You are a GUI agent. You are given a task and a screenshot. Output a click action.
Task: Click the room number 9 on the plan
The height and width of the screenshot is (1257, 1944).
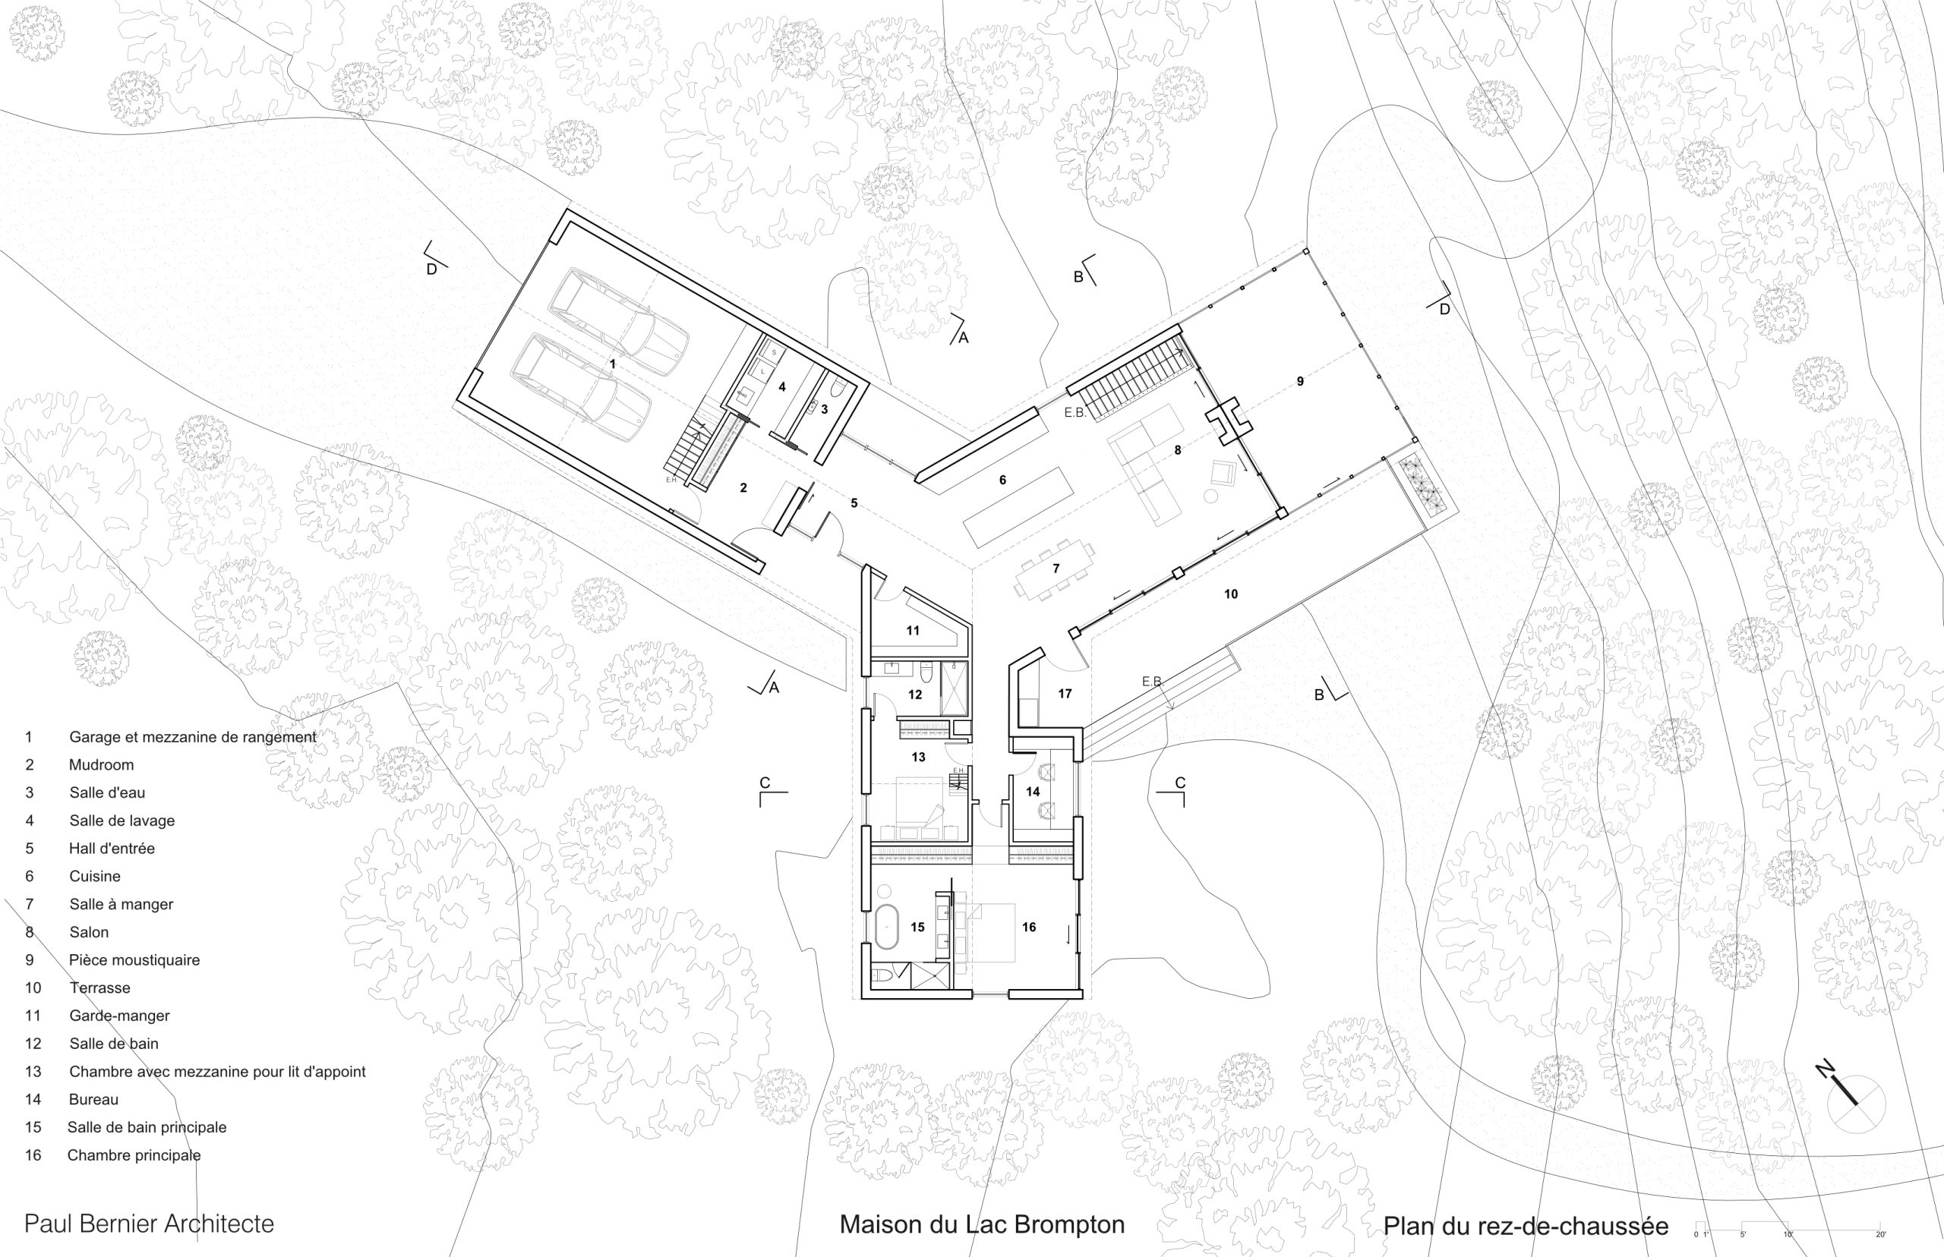point(1300,381)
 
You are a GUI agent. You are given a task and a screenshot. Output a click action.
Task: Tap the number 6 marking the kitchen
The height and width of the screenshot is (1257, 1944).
point(1002,480)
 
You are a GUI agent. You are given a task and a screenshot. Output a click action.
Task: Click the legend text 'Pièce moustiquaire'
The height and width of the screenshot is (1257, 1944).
point(134,960)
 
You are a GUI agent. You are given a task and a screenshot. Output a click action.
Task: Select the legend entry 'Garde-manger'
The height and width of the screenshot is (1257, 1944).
point(119,1016)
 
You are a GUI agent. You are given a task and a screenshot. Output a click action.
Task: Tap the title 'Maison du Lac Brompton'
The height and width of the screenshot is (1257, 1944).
point(982,1224)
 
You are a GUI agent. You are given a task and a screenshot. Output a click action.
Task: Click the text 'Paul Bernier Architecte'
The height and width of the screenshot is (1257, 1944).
point(150,1224)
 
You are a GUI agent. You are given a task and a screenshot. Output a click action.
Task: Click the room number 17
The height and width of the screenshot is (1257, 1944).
point(1065,694)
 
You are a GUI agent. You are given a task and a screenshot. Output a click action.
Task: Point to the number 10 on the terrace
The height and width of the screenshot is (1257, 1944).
point(1230,594)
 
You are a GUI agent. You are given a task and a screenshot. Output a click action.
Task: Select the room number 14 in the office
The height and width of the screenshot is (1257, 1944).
point(1033,791)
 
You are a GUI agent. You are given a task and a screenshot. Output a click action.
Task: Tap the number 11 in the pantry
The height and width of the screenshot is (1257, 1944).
point(913,630)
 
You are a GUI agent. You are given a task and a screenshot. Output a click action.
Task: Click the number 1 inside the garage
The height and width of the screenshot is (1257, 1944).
point(612,364)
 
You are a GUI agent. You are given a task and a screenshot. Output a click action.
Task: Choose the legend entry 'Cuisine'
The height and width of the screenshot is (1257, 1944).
point(95,876)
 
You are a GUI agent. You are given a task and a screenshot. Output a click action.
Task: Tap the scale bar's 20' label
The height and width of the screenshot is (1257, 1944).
point(1880,1234)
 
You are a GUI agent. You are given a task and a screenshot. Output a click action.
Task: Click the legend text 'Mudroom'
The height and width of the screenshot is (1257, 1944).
point(101,765)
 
